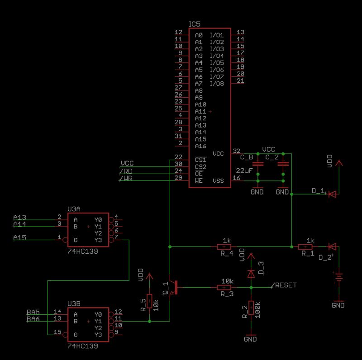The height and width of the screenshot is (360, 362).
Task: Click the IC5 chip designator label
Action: coord(195,24)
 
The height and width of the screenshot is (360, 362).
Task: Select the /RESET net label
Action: coord(284,285)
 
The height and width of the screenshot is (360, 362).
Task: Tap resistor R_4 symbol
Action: coord(224,247)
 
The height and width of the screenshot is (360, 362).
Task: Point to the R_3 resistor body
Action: coord(224,288)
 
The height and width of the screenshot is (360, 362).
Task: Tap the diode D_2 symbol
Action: coord(332,247)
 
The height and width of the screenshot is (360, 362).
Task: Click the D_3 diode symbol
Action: coord(250,274)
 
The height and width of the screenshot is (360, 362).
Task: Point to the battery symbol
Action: coord(337,277)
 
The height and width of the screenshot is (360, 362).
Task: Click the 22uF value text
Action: coord(244,171)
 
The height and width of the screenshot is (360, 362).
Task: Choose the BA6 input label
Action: coord(33,319)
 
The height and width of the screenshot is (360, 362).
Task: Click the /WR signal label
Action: coord(127,178)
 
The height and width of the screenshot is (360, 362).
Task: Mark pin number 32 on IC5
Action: coord(236,151)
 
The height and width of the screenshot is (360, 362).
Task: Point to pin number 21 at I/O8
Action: coord(240,81)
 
